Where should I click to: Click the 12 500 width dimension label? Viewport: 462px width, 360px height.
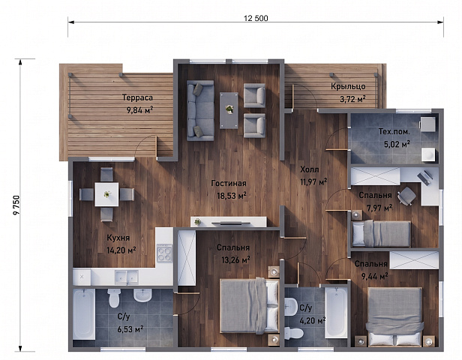(256, 18)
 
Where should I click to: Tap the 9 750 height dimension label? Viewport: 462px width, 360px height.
(16, 205)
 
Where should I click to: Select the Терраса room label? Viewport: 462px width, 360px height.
(137, 97)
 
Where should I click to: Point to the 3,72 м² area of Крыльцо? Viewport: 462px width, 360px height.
(352, 99)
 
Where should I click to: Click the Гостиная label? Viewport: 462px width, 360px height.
(229, 183)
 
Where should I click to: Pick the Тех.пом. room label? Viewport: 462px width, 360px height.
(394, 131)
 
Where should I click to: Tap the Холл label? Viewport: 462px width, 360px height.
(309, 169)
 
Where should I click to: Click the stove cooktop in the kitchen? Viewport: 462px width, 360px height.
(164, 253)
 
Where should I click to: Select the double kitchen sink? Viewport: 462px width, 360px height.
(127, 277)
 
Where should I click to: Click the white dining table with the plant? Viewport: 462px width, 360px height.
(106, 194)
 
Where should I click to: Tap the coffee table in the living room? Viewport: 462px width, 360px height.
(229, 110)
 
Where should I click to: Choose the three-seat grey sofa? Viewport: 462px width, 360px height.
(200, 110)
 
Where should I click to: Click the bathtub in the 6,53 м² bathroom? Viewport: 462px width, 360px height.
(84, 313)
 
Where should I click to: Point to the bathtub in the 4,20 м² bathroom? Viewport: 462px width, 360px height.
(336, 312)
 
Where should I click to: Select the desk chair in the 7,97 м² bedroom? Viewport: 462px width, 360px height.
(407, 196)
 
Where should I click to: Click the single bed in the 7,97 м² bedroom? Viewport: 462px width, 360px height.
(382, 233)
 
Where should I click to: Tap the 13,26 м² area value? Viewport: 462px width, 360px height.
(235, 259)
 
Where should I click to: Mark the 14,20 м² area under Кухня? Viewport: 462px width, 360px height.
(121, 250)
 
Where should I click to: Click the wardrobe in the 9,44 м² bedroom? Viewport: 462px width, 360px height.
(414, 260)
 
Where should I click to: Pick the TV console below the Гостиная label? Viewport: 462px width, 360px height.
(229, 222)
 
